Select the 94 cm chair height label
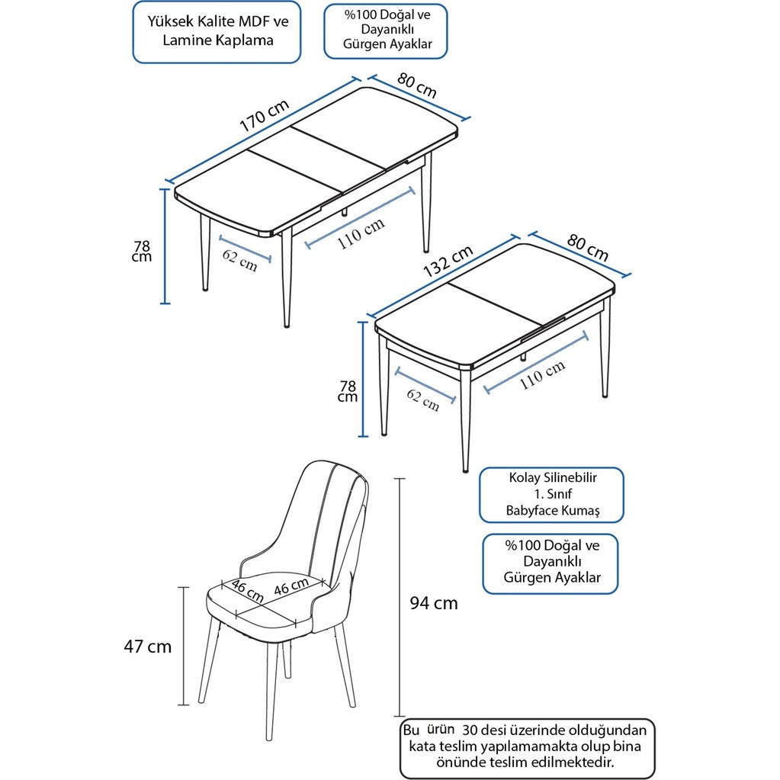click(x=434, y=604)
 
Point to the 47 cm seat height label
click(x=147, y=647)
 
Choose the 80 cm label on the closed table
click(x=588, y=247)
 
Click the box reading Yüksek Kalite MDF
click(x=217, y=31)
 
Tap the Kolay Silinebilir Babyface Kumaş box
click(x=552, y=495)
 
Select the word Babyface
click(x=532, y=511)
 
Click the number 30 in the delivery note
click(x=473, y=729)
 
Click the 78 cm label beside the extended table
click(x=142, y=251)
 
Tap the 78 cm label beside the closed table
click(x=348, y=391)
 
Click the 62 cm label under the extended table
click(x=240, y=259)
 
